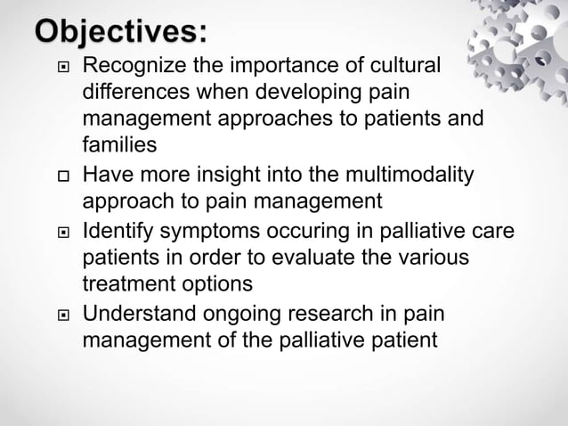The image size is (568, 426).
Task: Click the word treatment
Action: click(127, 284)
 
